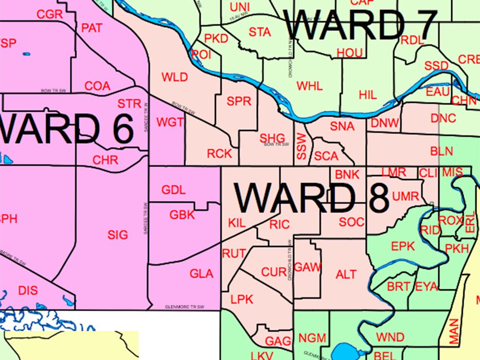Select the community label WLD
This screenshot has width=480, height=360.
[x=175, y=77]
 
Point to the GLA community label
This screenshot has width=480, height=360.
[x=202, y=274]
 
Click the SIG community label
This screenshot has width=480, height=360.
[x=118, y=235]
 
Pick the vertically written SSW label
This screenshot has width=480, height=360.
[x=301, y=147]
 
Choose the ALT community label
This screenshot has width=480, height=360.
[x=346, y=274]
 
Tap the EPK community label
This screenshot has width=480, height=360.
[x=402, y=246]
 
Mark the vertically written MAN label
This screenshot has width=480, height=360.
[x=454, y=331]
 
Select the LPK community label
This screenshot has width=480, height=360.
[x=241, y=300]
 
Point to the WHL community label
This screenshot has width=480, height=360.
[x=310, y=86]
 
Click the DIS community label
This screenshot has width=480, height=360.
[x=27, y=290]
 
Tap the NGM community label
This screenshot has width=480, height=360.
[x=312, y=337]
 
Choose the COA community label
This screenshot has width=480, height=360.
[x=97, y=86]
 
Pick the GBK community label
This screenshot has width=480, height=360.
[x=182, y=215]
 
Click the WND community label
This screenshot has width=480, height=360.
[x=390, y=337]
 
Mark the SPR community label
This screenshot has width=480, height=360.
[x=239, y=101]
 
